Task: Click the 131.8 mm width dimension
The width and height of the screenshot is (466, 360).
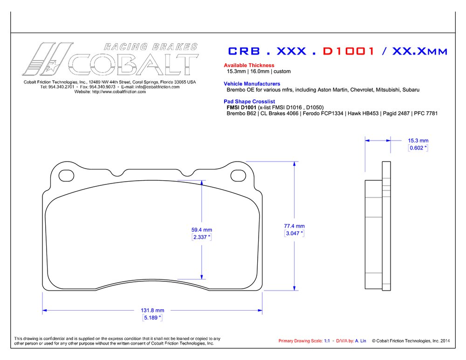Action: point(152,310)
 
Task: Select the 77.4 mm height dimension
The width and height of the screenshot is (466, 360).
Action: point(294,226)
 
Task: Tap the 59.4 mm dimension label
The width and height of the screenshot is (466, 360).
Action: point(201,230)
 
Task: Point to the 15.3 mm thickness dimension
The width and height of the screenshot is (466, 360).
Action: point(418,140)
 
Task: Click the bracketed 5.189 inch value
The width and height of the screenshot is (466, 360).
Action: point(152,318)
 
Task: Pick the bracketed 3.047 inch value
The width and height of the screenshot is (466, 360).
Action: point(294,233)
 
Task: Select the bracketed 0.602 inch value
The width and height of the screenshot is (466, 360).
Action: point(418,148)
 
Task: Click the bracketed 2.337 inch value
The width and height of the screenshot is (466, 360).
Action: point(201,237)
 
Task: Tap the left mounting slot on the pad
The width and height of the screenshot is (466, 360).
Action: point(66,174)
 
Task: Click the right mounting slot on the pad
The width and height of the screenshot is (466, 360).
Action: point(239,174)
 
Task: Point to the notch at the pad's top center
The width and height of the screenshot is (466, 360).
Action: point(188,173)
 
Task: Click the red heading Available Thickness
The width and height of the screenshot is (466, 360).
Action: point(249,65)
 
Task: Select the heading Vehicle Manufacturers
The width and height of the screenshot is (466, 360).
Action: point(252,83)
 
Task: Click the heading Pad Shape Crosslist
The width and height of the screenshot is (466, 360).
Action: point(249,101)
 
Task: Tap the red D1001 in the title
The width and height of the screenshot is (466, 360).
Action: point(349,51)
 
